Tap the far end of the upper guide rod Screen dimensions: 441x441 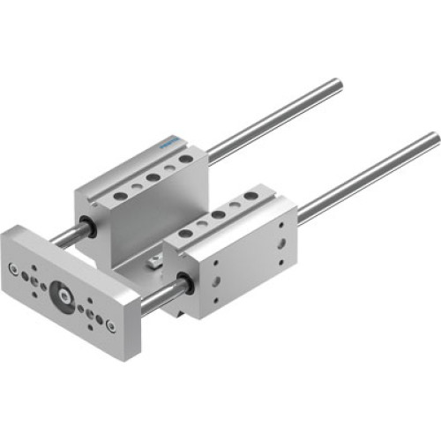pos(335,85)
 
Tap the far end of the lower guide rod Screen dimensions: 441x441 pos(433,139)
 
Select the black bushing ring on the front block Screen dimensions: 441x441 pos(188,284)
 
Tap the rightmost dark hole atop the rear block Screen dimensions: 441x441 pos(186,160)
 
